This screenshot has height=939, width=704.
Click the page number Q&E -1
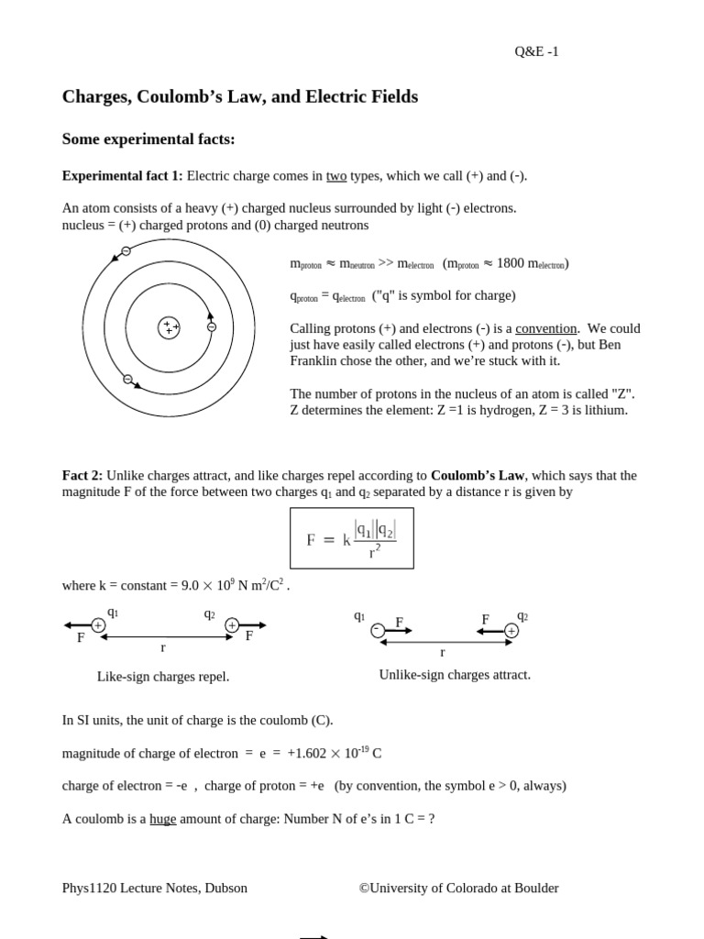536,51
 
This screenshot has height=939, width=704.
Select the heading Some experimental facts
148,138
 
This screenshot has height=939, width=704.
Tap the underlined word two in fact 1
336,176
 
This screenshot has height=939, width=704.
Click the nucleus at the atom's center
169,327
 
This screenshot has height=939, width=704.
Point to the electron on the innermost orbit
212,326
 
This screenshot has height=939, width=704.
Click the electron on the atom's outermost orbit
126,251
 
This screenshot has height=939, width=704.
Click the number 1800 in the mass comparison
510,263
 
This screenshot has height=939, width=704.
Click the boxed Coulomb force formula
352,538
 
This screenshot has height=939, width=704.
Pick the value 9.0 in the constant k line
192,585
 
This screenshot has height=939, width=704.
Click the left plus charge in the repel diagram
98,625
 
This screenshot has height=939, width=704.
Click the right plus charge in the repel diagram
232,625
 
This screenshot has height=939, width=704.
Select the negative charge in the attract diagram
378,630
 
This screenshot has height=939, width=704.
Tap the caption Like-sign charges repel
163,677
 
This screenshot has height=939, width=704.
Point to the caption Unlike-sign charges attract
455,675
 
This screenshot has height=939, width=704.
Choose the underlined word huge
163,819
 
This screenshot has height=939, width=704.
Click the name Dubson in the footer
225,888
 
